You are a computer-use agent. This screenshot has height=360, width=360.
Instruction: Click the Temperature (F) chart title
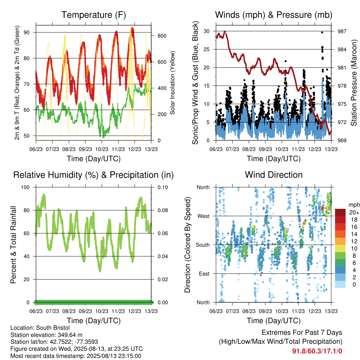(94, 15)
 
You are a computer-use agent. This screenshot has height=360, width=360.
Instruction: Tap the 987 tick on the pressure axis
(342, 31)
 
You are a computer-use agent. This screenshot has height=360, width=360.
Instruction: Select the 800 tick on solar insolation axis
(162, 36)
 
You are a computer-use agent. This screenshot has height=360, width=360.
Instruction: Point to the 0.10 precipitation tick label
(163, 187)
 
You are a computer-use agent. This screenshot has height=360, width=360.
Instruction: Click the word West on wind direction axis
(204, 216)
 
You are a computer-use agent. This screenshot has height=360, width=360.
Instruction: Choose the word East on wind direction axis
(204, 274)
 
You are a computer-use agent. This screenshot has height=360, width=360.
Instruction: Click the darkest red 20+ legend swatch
(340, 212)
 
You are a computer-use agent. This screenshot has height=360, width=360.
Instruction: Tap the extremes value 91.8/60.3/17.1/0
(317, 351)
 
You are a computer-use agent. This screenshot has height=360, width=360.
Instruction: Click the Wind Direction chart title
(274, 175)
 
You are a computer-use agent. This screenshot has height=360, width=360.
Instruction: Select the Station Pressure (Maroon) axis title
(354, 83)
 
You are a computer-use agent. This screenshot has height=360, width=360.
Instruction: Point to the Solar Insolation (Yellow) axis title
(172, 83)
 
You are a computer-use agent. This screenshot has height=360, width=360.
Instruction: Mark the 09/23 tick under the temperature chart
(85, 149)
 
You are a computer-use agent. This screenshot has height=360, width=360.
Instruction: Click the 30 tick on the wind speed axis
(207, 31)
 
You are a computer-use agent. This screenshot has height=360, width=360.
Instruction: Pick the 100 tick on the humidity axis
(25, 187)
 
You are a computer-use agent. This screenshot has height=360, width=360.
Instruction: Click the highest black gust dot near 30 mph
(322, 33)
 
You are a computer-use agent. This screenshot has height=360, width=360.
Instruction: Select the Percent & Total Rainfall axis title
(13, 245)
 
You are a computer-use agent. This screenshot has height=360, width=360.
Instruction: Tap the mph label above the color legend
(354, 205)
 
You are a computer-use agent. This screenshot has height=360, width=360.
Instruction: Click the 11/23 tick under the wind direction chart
(298, 311)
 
